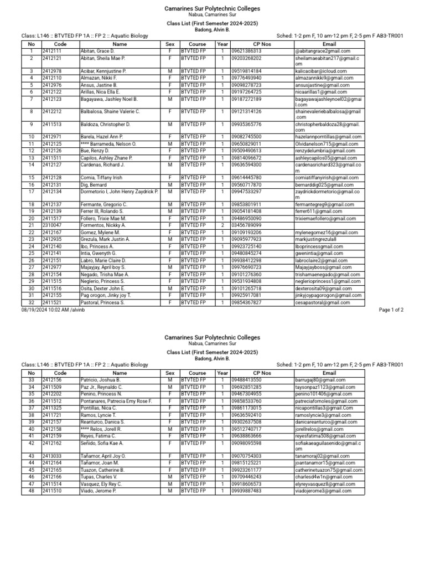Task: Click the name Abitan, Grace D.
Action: tap(97, 51)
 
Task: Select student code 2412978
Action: tap(51, 71)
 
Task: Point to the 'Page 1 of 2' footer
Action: tap(391, 310)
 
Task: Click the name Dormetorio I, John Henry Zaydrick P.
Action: tap(120, 191)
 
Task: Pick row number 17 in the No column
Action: tap(31, 191)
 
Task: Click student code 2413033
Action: tap(51, 456)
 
